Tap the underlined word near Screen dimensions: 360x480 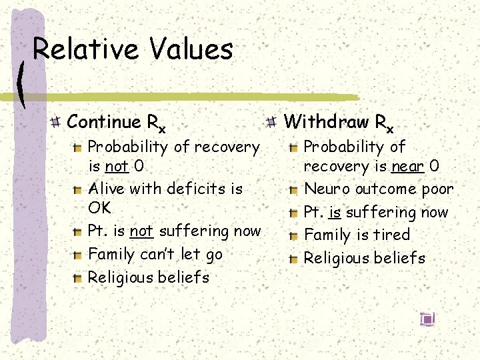pyautogui.click(x=407, y=166)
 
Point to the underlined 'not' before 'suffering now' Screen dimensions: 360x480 pyautogui.click(x=141, y=231)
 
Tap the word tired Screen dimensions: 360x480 pyautogui.click(x=393, y=235)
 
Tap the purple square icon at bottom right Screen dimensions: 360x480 pyautogui.click(x=427, y=319)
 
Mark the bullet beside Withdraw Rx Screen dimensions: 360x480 pyautogui.click(x=271, y=122)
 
